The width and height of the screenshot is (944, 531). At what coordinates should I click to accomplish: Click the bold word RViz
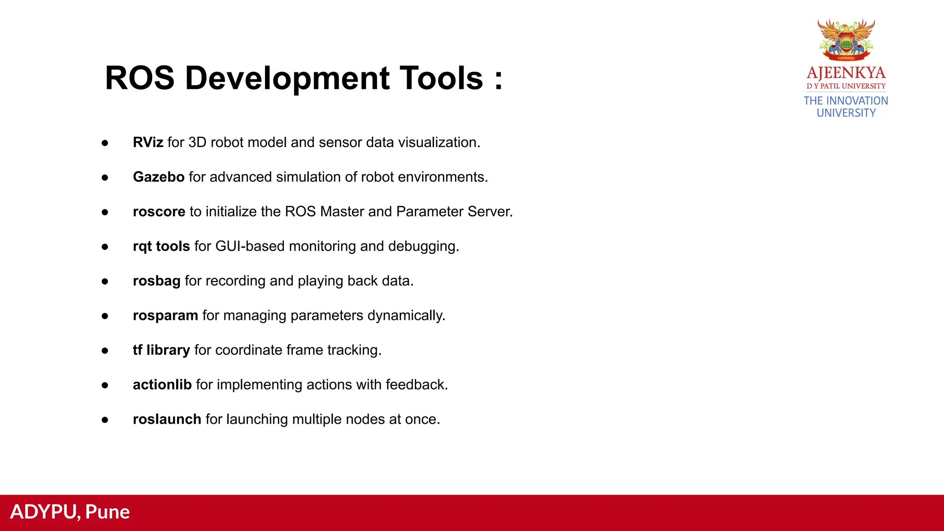click(148, 142)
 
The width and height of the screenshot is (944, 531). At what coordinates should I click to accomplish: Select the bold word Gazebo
click(159, 177)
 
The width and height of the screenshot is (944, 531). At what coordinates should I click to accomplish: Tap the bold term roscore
click(159, 212)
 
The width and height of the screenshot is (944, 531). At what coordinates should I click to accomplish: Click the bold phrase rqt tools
click(161, 246)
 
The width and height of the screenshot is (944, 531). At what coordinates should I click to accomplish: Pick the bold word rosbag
click(157, 281)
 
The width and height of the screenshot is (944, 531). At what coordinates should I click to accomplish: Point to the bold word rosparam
click(165, 315)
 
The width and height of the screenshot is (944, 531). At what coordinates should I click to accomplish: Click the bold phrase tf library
click(161, 350)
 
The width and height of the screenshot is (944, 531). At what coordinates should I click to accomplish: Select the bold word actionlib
click(162, 384)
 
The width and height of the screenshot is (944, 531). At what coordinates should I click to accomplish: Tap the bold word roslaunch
click(167, 419)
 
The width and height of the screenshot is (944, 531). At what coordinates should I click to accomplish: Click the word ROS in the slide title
click(140, 78)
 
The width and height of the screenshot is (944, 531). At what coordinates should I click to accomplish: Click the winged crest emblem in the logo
click(846, 40)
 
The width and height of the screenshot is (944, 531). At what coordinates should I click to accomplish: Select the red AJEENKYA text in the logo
click(846, 73)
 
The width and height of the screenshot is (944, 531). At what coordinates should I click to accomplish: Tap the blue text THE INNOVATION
click(846, 100)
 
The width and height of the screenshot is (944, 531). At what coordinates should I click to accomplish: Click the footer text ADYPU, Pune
click(70, 512)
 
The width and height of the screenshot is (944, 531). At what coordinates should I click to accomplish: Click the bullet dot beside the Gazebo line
click(105, 177)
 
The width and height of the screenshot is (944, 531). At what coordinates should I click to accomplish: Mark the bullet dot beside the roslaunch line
click(105, 420)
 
